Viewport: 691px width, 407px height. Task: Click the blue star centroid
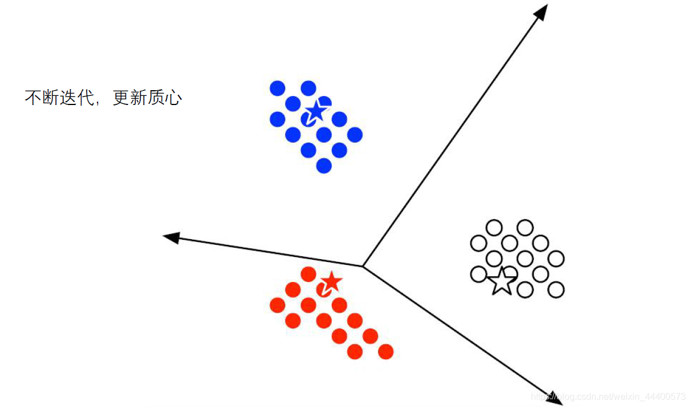click(x=316, y=111)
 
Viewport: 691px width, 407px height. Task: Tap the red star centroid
click(x=331, y=281)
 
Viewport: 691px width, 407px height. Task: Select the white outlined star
click(x=502, y=280)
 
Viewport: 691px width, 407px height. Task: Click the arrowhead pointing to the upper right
click(x=542, y=11)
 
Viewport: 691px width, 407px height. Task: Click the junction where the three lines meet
click(x=363, y=266)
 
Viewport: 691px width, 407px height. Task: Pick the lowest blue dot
click(x=324, y=166)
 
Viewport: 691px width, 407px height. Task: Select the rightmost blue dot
click(x=355, y=135)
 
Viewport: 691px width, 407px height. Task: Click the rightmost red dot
click(x=385, y=352)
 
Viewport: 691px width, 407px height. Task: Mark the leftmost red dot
click(x=277, y=305)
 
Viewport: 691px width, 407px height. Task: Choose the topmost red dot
click(x=308, y=274)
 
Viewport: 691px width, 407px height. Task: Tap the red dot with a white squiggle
click(x=324, y=290)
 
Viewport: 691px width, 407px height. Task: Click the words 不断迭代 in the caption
click(x=59, y=98)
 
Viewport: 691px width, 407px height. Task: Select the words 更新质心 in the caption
click(x=147, y=98)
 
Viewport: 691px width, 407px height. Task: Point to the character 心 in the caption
click(x=174, y=98)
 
